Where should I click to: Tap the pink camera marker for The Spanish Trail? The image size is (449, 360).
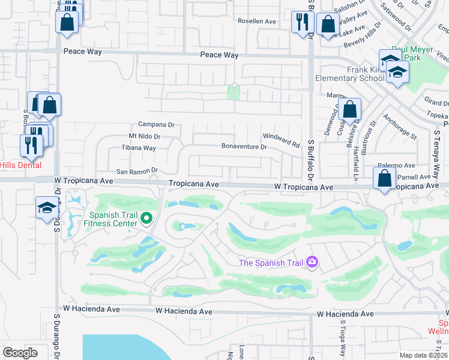[312, 262]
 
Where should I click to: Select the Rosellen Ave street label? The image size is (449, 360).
[256, 21]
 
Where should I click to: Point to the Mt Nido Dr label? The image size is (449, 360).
[145, 137]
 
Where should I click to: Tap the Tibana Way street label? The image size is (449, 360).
[139, 148]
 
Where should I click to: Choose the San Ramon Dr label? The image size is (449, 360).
[137, 171]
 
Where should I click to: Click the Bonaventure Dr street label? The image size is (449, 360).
[244, 146]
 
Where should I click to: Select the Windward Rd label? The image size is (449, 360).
[281, 141]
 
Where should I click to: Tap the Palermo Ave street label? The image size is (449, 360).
[397, 166]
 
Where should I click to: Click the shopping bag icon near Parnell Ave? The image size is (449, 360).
[384, 178]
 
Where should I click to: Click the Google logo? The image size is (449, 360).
[20, 353]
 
